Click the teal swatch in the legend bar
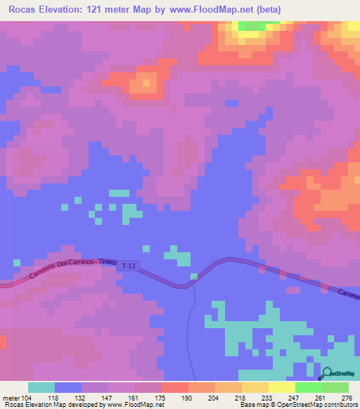coord(41,387)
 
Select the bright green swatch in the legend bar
coord(308,387)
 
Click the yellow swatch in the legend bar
coord(281,387)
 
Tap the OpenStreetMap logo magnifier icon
coord(324,375)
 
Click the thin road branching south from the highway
coord(192,330)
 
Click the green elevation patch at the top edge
coord(248,26)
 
